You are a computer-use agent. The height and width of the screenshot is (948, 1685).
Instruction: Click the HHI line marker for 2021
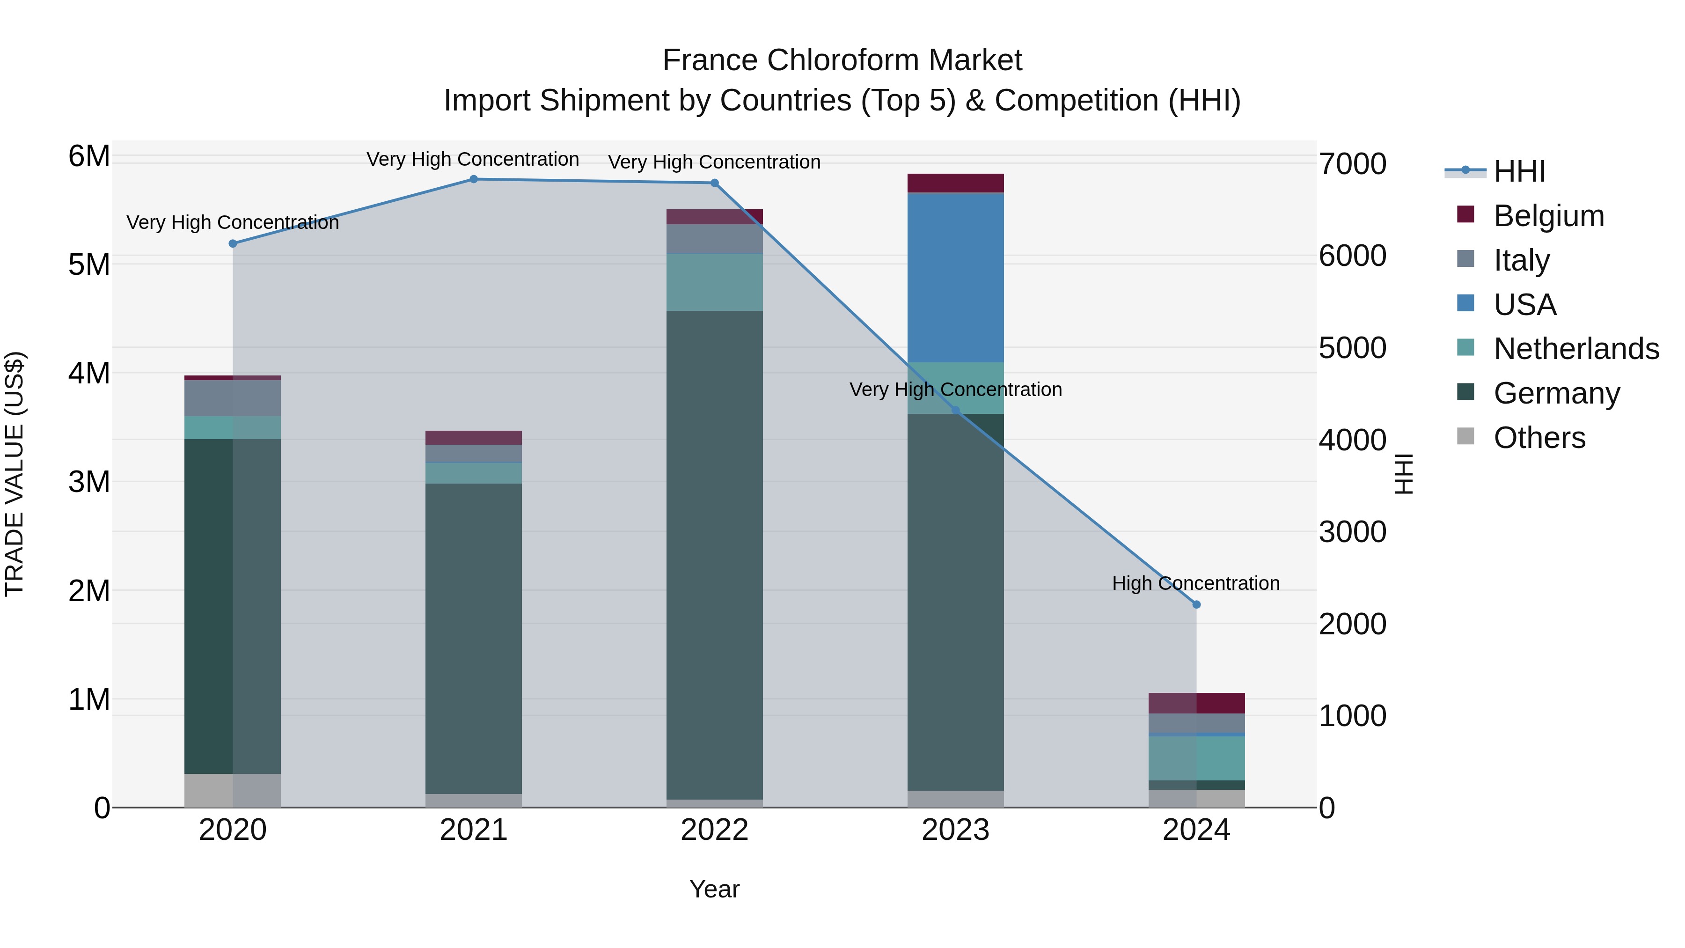(474, 179)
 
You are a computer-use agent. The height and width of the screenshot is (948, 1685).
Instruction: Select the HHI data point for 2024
(1196, 604)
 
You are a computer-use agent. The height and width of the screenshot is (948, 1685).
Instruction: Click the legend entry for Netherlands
(1576, 349)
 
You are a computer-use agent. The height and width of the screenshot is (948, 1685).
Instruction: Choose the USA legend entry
(1524, 304)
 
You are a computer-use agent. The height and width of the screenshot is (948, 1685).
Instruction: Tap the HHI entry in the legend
(1519, 171)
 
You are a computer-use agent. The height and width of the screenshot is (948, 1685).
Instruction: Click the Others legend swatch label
(1538, 438)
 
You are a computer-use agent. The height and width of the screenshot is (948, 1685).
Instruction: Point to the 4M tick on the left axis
(89, 374)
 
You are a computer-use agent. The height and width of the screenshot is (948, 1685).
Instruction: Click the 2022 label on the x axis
(714, 830)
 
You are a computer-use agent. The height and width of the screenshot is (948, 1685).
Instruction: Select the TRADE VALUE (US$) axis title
(15, 474)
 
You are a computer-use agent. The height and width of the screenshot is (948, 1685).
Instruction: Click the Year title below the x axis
(714, 889)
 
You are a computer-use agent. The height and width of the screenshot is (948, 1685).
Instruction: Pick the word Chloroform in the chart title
(842, 60)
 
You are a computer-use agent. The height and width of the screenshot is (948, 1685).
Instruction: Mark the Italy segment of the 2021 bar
(474, 453)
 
